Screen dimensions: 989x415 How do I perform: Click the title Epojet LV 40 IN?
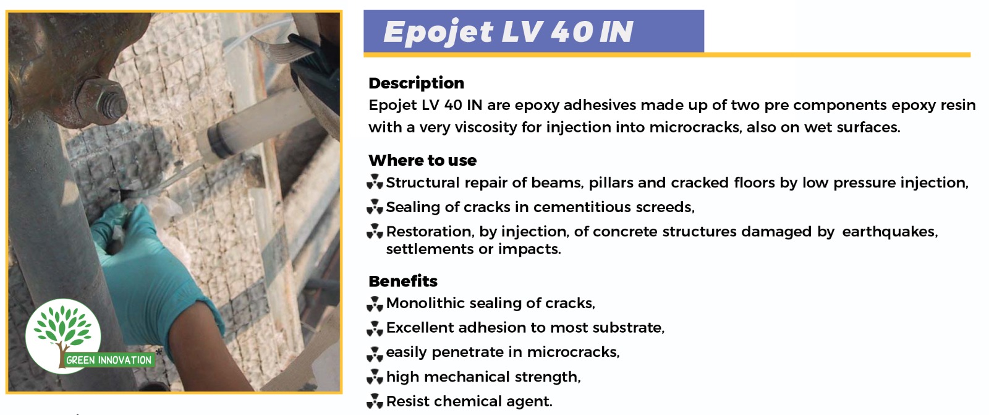pyautogui.click(x=508, y=32)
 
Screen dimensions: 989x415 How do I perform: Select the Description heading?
pyautogui.click(x=417, y=83)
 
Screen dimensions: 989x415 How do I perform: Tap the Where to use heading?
pyautogui.click(x=423, y=160)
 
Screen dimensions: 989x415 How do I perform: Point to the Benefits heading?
pyautogui.click(x=403, y=281)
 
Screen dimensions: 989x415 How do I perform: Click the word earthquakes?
pyautogui.click(x=889, y=231)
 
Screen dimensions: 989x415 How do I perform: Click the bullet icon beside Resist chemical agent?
pyautogui.click(x=375, y=401)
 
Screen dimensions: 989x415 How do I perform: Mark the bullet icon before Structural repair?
pyautogui.click(x=375, y=182)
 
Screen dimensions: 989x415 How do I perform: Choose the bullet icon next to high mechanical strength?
pyautogui.click(x=375, y=377)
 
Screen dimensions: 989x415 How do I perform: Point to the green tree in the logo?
pyautogui.click(x=62, y=329)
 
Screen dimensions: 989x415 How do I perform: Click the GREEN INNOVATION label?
pyautogui.click(x=109, y=360)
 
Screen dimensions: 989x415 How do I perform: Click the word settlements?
pyautogui.click(x=430, y=249)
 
